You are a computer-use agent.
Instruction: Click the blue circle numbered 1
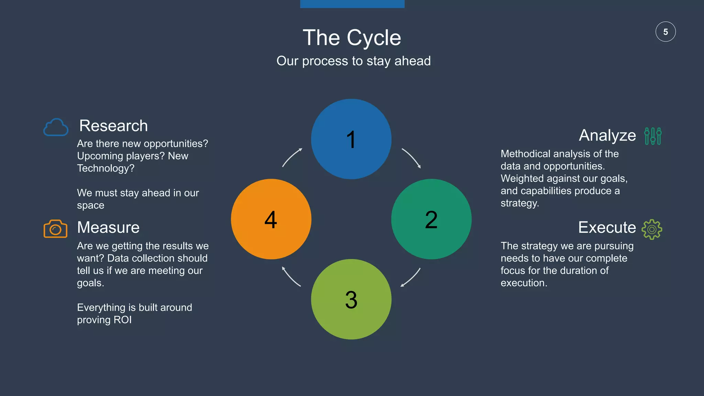(351, 139)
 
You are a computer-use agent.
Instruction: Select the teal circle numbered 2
(431, 219)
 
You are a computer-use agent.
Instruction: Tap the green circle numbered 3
(351, 299)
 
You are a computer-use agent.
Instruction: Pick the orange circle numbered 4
(271, 219)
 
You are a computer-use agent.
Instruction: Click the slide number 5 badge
(665, 32)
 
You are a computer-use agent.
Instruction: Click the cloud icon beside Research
(56, 128)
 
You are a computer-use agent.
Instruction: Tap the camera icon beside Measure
(55, 229)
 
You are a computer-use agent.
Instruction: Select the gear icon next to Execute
(652, 229)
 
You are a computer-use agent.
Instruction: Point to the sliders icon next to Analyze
(653, 136)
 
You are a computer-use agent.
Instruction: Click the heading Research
(113, 126)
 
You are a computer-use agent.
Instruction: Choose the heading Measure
(108, 228)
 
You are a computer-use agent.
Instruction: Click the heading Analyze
(607, 135)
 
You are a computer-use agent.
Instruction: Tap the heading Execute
(607, 228)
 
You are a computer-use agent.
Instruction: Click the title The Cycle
(352, 37)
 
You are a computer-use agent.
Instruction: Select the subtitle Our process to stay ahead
(353, 61)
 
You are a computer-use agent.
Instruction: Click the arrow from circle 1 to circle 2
(412, 158)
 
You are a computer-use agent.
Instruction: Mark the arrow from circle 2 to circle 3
(411, 278)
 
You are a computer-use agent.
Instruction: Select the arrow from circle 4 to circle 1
(291, 157)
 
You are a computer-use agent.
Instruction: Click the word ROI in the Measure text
(123, 320)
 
